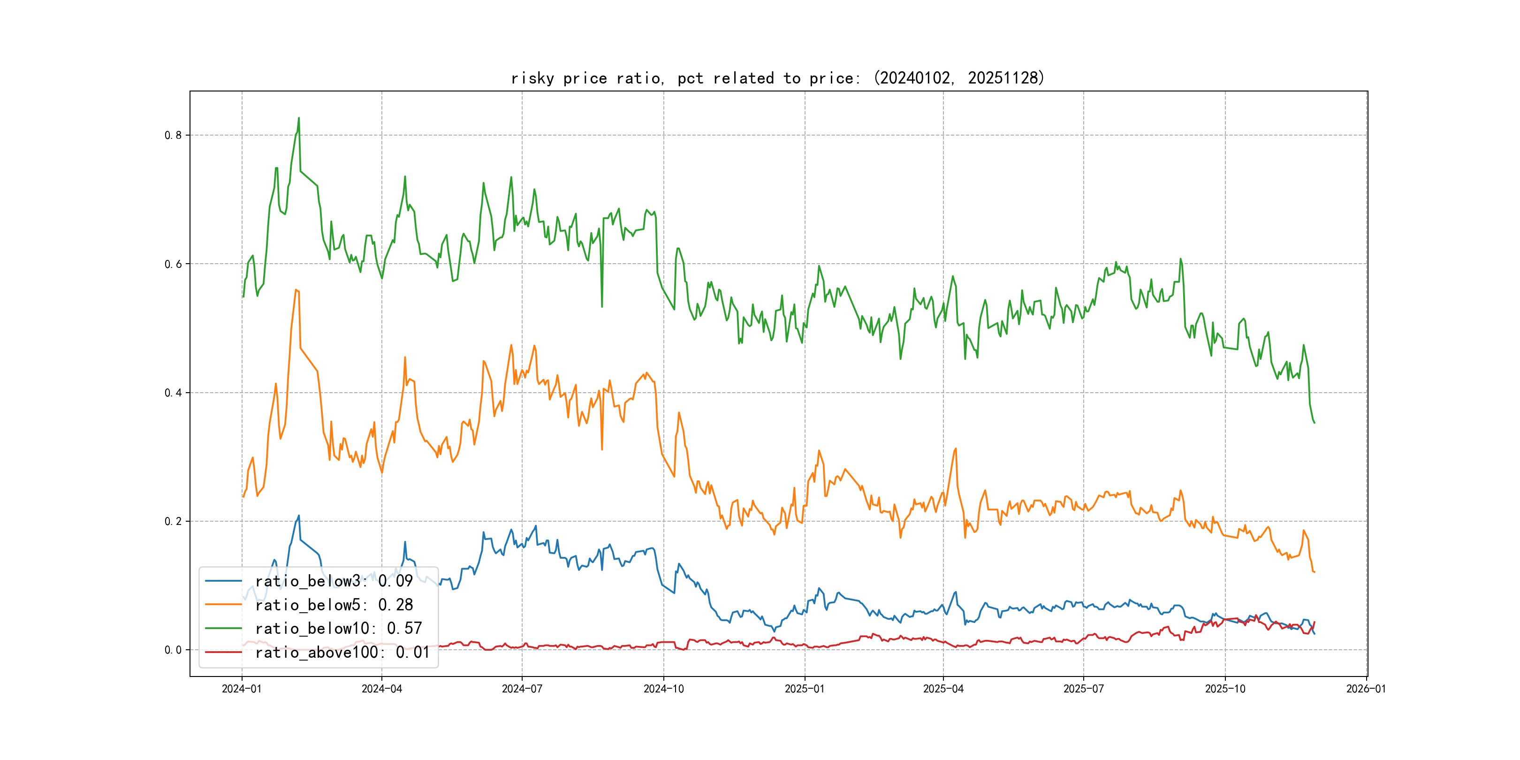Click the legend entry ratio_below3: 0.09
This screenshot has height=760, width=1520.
(x=334, y=581)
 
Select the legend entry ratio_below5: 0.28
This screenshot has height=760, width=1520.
(x=334, y=605)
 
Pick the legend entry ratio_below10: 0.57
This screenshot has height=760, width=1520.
(x=338, y=629)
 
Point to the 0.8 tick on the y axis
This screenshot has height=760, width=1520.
(x=173, y=135)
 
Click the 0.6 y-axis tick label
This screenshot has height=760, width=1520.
(x=173, y=264)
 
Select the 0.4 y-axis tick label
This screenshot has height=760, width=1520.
(x=173, y=392)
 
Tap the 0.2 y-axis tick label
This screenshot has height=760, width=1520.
(x=173, y=521)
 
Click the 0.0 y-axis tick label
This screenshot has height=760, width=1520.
(x=173, y=650)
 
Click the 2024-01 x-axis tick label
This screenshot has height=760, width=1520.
(x=241, y=689)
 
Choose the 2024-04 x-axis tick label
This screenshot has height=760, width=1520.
(x=382, y=689)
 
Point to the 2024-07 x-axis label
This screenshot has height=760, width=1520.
(x=522, y=689)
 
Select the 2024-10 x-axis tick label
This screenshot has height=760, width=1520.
(x=663, y=689)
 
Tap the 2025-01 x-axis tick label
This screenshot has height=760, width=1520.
(x=804, y=689)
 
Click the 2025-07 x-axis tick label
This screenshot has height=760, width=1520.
(x=1083, y=689)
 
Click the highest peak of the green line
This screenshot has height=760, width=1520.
(x=298, y=118)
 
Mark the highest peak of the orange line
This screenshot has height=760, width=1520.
(x=296, y=290)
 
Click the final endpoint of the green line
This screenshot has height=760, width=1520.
(x=1314, y=423)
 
